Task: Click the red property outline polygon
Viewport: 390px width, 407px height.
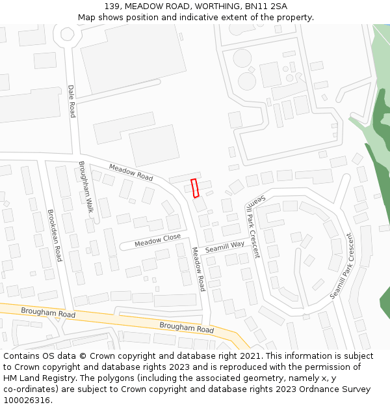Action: pyautogui.click(x=194, y=188)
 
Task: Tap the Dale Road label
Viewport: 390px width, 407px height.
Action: pyautogui.click(x=71, y=100)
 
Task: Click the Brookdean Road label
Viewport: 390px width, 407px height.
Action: pyautogui.click(x=54, y=234)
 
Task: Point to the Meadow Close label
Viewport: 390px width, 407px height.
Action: pyautogui.click(x=157, y=240)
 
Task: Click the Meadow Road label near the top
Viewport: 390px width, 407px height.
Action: pyautogui.click(x=131, y=172)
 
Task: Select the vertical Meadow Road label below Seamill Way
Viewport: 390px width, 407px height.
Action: pyautogui.click(x=198, y=268)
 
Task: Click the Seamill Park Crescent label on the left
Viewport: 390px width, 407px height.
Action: pyautogui.click(x=252, y=225)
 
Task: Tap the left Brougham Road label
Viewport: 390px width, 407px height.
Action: pyautogui.click(x=48, y=313)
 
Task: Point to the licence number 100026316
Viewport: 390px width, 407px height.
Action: pyautogui.click(x=27, y=400)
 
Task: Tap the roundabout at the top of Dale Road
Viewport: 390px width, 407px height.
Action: pyautogui.click(x=67, y=33)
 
